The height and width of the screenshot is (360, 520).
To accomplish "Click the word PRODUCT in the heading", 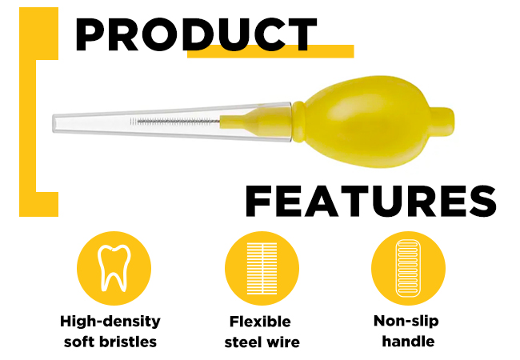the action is coord(196,34).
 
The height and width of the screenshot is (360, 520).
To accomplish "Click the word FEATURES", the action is coord(370,201).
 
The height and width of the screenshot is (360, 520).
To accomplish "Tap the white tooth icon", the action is coord(114,268).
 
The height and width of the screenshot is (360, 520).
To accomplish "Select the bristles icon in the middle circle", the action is coord(262,269).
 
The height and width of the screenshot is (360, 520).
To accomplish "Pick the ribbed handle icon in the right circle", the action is coord(408,268).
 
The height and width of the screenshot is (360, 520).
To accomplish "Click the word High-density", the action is coord(110,322).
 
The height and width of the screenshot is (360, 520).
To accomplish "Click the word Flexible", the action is coord(260,322).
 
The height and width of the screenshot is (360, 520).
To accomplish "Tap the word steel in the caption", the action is coord(242,342).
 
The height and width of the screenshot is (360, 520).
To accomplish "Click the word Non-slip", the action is coord(406,322).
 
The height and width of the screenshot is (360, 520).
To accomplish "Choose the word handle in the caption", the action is coord(408,341).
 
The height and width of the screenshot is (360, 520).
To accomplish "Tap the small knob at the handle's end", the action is coord(442,122).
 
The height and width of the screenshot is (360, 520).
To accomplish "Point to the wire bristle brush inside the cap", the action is coord(175,122).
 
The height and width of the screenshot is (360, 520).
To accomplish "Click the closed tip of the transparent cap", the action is coord(54,123).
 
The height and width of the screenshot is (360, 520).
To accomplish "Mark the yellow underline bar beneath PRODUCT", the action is coord(270,51).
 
